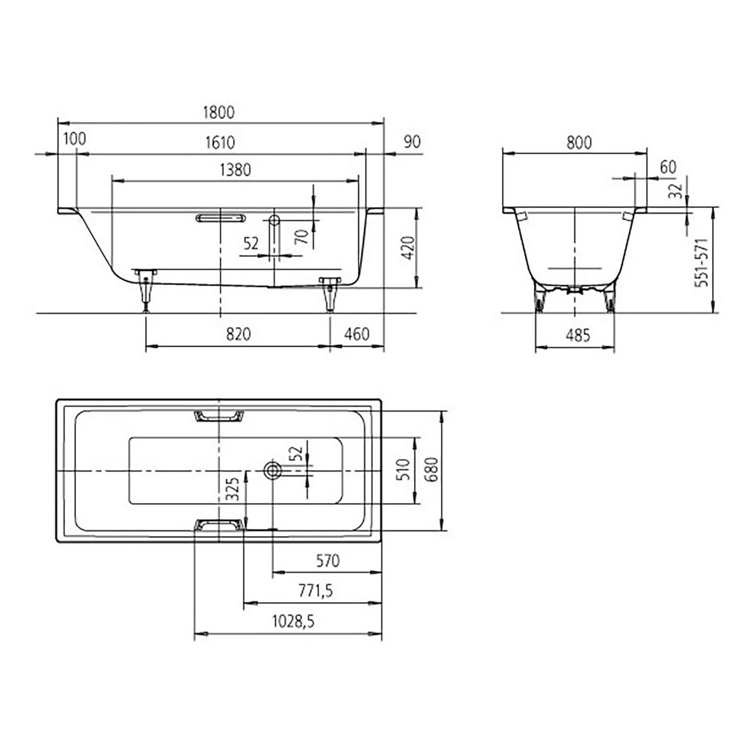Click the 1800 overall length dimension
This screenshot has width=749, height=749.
click(x=219, y=112)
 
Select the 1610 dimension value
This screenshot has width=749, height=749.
click(x=220, y=142)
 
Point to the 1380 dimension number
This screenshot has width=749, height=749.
click(x=235, y=170)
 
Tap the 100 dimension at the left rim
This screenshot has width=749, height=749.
click(x=74, y=138)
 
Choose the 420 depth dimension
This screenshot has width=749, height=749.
click(x=408, y=248)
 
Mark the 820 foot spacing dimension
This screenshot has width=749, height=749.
click(x=238, y=334)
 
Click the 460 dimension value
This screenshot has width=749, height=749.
click(x=357, y=334)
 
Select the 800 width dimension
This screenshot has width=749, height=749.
click(x=579, y=143)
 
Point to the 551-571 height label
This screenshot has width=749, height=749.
click(x=702, y=262)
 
